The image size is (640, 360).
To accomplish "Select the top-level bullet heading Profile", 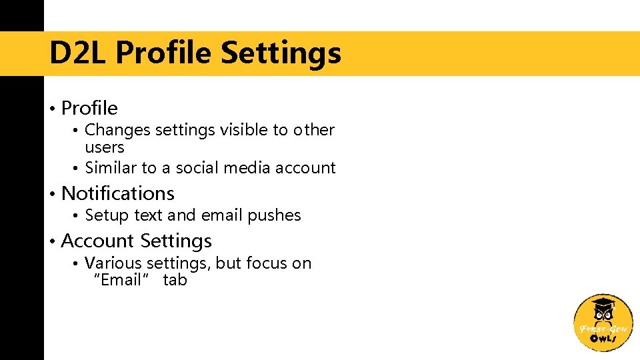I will click(89, 108).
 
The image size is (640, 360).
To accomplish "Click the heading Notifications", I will click(117, 193).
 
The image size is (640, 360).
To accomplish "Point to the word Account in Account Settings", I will click(97, 241).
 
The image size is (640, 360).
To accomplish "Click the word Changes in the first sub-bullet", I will click(117, 130).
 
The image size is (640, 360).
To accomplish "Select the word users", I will click(105, 147).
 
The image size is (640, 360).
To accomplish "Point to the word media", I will click(245, 168).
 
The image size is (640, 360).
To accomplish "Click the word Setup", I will click(107, 215).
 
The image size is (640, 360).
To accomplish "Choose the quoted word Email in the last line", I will click(121, 280).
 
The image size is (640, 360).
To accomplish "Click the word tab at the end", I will click(175, 280).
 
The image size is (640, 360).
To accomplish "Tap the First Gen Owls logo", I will click(603, 323).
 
